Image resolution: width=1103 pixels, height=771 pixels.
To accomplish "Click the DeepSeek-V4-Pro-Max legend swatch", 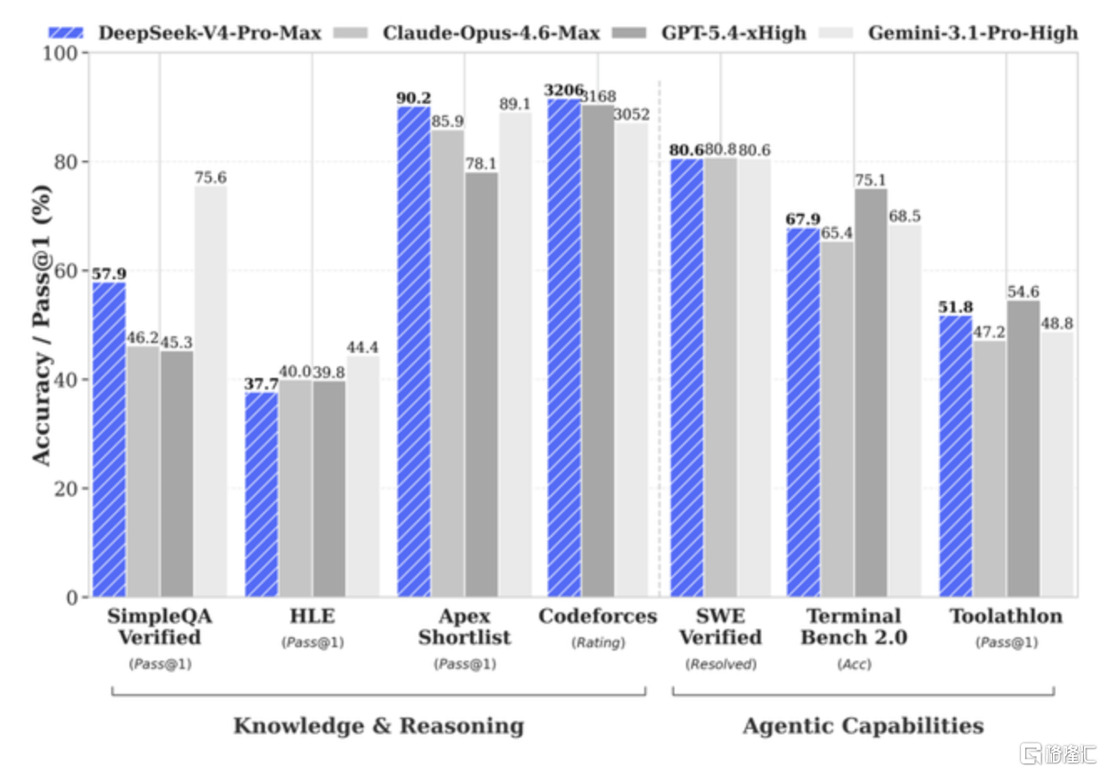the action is [66, 33].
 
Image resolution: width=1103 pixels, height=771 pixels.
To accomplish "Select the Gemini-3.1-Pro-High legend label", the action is [973, 33].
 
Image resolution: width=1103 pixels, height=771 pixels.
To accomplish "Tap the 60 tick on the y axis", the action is [66, 271].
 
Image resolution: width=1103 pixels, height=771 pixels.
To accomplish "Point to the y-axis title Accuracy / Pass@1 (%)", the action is [42, 325].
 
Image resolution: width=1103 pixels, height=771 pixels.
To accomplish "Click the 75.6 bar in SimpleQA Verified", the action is [211, 391].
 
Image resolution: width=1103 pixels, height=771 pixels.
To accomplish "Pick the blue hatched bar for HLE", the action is [262, 494].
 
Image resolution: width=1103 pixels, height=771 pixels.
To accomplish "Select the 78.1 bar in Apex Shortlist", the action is [481, 385].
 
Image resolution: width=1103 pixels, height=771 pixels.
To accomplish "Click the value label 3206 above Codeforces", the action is [564, 90].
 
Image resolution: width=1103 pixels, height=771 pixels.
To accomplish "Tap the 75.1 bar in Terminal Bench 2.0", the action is [871, 393].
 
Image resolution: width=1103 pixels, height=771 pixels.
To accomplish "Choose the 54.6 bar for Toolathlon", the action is [1024, 449].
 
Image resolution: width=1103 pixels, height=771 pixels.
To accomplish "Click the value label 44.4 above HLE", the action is [363, 347].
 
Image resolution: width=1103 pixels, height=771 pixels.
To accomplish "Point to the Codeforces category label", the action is [597, 615].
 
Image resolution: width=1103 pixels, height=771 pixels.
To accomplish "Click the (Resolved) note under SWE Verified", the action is [721, 664].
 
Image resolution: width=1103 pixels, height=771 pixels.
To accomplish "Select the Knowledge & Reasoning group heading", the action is [379, 726].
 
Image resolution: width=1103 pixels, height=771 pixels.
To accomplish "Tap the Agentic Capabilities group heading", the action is [863, 726].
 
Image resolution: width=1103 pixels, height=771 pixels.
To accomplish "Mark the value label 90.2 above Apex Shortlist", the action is [414, 98].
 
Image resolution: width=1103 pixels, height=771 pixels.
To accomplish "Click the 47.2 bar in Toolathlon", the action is [989, 469].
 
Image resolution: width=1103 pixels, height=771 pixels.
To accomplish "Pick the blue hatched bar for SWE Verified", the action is [687, 378].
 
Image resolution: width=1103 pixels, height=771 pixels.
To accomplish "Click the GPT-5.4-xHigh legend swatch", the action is [629, 33].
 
